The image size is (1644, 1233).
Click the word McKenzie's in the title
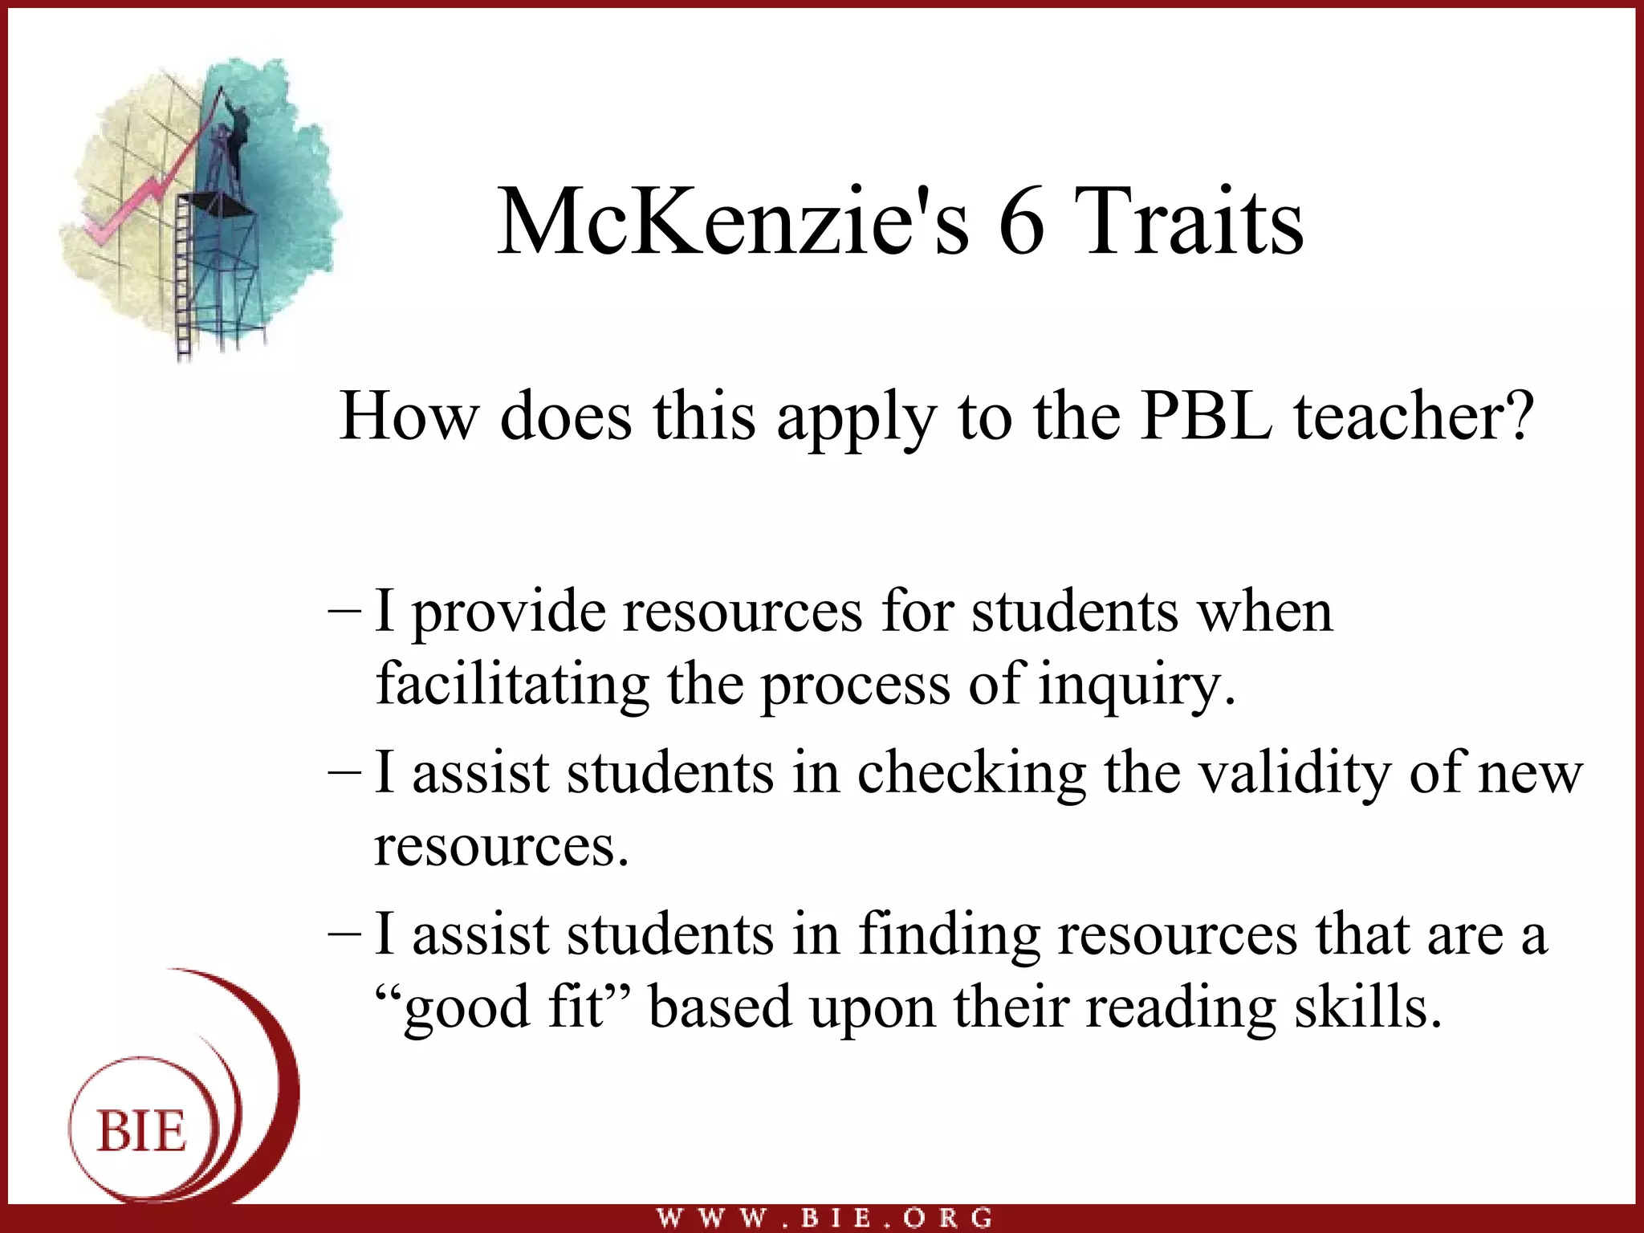tap(732, 222)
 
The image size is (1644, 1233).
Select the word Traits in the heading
tap(1188, 222)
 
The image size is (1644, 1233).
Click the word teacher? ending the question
tap(1414, 417)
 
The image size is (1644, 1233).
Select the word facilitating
tap(512, 685)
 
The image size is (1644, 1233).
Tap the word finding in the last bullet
tap(949, 935)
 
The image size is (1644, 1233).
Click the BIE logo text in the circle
tap(142, 1132)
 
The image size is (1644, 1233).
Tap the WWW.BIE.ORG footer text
tap(824, 1218)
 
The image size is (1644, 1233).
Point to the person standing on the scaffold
tap(238, 136)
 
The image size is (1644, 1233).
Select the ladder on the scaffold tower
tap(184, 281)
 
